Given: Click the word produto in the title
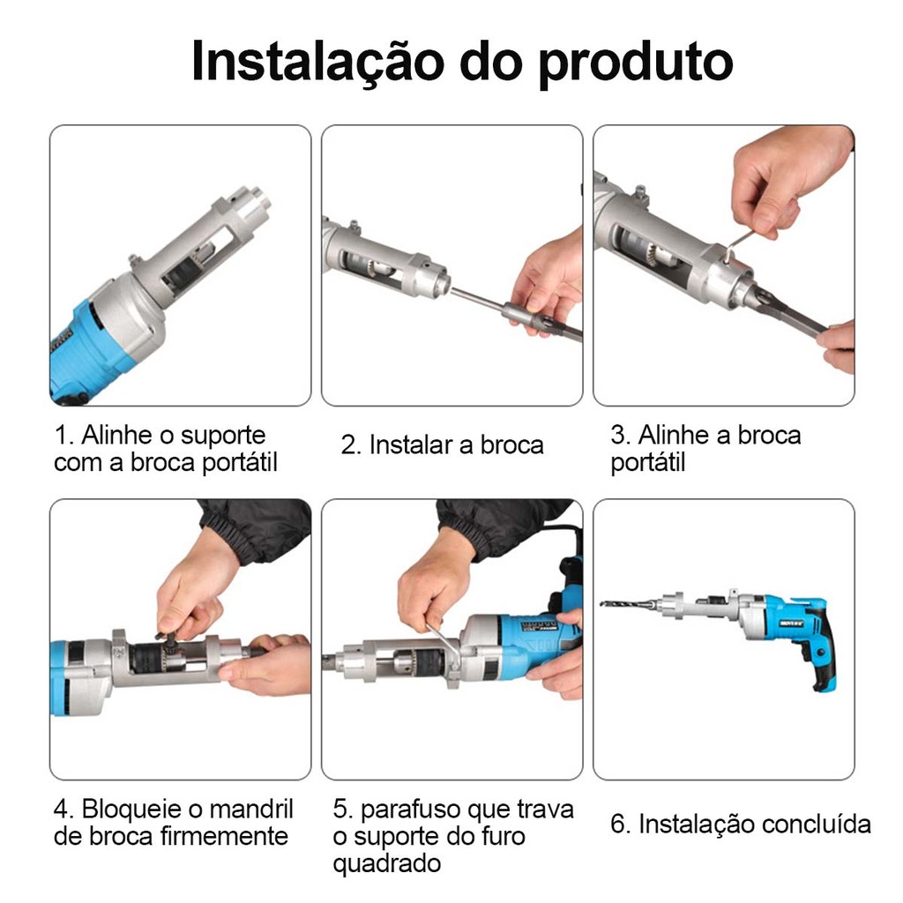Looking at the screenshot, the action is click(x=636, y=63).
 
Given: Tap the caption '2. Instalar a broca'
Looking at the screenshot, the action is click(x=443, y=444).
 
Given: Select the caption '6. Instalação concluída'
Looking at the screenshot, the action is click(x=741, y=824).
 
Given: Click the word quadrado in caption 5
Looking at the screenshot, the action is click(x=387, y=863).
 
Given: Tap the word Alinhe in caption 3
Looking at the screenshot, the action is click(x=674, y=435).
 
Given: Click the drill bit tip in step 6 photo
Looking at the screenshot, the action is click(x=601, y=603).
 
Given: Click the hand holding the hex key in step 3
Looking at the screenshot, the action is click(x=789, y=178).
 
